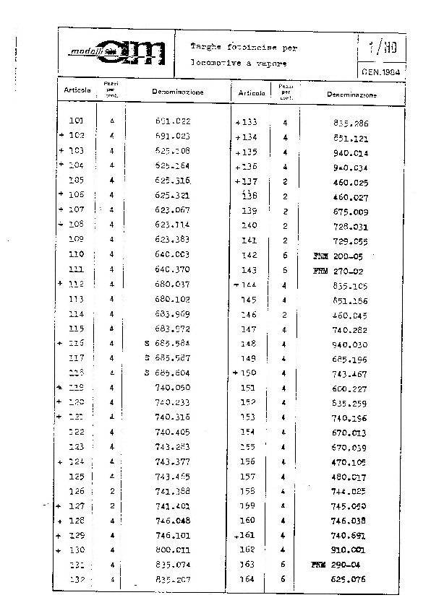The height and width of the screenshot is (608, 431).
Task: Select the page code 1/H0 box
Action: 380,49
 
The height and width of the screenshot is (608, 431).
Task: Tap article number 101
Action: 76,121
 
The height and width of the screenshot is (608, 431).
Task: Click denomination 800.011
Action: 172,550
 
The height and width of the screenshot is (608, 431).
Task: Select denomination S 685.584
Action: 168,343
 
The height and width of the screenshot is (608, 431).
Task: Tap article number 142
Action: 249,256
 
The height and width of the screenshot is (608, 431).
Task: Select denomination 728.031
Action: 351,226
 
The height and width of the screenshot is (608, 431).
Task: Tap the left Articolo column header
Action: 77,91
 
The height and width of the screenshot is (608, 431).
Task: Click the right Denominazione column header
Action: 351,95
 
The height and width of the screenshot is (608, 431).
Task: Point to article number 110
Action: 76,254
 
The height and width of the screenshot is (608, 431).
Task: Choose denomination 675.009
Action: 351,212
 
